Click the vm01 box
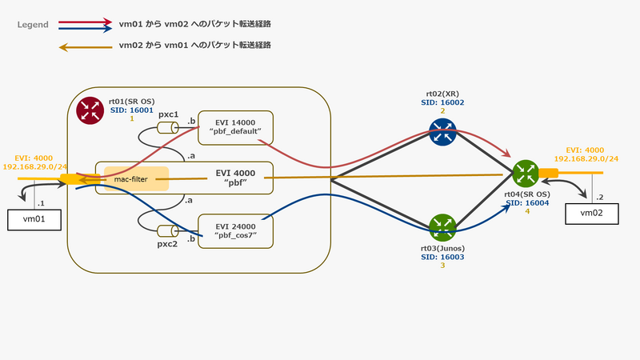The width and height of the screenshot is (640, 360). tap(31, 220)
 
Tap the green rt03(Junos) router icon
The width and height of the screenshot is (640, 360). tap(441, 226)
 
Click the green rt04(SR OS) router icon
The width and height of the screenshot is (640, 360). tap(526, 173)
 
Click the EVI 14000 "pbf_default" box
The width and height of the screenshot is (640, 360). tap(236, 125)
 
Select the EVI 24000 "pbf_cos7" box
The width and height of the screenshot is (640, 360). tap(236, 230)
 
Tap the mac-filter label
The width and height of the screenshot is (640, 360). tap(132, 180)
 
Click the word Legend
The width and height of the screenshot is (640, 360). tap(33, 25)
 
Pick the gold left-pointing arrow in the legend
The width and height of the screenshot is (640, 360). tap(83, 47)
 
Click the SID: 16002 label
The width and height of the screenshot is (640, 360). tap(442, 102)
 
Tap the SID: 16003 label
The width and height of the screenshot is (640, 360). tap(442, 258)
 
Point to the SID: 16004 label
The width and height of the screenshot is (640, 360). tap(528, 203)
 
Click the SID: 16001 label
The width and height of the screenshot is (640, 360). tap(130, 110)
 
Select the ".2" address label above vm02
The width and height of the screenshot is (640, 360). tap(601, 196)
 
